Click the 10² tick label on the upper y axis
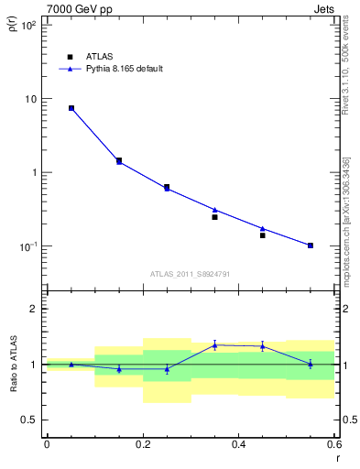(30, 26)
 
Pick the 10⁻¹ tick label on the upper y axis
(30, 246)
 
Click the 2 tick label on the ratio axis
(35, 310)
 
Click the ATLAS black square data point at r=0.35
(214, 217)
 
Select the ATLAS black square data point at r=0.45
(263, 235)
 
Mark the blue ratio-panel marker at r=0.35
(214, 345)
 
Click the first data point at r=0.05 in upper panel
(71, 108)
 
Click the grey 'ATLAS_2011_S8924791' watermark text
(190, 273)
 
